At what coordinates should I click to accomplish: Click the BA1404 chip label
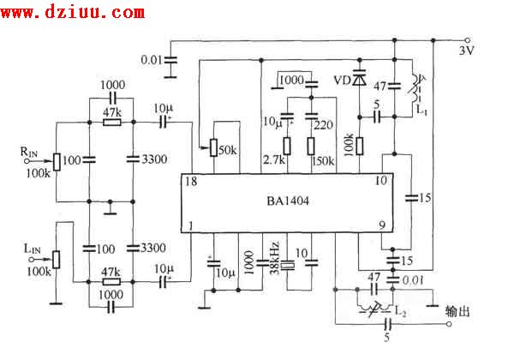point(284,204)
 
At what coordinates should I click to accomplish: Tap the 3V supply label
point(467,51)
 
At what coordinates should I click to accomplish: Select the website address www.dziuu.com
point(75,12)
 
